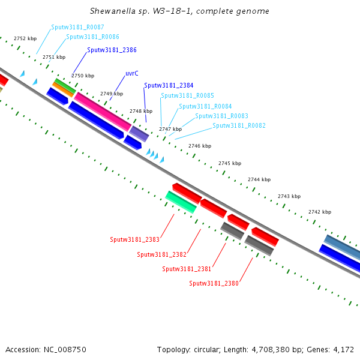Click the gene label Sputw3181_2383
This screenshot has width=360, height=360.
click(x=134, y=239)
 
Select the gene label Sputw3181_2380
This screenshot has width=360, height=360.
click(x=214, y=283)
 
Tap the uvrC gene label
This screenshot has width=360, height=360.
click(x=132, y=73)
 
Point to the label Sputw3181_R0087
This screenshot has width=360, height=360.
click(x=77, y=28)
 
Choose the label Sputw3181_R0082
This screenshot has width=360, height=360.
click(x=239, y=126)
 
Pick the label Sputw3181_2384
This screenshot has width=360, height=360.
click(x=169, y=86)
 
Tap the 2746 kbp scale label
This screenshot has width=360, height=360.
click(x=200, y=146)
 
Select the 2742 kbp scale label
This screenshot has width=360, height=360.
click(x=320, y=212)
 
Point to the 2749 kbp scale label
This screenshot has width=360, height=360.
click(x=112, y=94)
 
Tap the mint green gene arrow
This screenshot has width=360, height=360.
click(x=181, y=202)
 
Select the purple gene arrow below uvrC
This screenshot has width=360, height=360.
click(x=139, y=133)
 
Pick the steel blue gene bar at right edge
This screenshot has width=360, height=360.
click(x=343, y=247)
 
